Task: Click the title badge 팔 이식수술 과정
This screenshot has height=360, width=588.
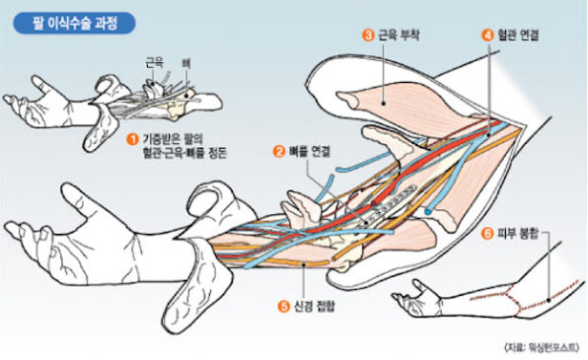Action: pyautogui.click(x=74, y=24)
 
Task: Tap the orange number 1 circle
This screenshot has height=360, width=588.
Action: pyautogui.click(x=132, y=139)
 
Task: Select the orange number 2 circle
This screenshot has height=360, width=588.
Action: pyautogui.click(x=279, y=152)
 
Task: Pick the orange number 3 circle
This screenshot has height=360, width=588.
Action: pyautogui.click(x=368, y=36)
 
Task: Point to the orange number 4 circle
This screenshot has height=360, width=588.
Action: pyautogui.click(x=487, y=36)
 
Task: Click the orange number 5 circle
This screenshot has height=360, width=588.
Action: pyautogui.click(x=283, y=307)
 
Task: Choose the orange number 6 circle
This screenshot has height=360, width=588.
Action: pyautogui.click(x=487, y=234)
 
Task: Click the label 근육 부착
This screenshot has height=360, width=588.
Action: pyautogui.click(x=399, y=36)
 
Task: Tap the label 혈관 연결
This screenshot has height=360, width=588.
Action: pyautogui.click(x=518, y=36)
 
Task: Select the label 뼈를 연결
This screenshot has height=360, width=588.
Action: pyautogui.click(x=309, y=152)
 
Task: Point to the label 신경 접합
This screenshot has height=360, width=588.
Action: pyautogui.click(x=314, y=307)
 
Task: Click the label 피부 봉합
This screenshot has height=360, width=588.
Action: pyautogui.click(x=518, y=234)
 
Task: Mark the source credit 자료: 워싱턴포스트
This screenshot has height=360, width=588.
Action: pyautogui.click(x=542, y=347)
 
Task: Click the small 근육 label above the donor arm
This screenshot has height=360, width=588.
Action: pyautogui.click(x=155, y=63)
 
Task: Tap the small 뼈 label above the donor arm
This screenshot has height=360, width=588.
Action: pyautogui.click(x=186, y=63)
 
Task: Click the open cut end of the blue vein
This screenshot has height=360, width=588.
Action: pyautogui.click(x=428, y=212)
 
